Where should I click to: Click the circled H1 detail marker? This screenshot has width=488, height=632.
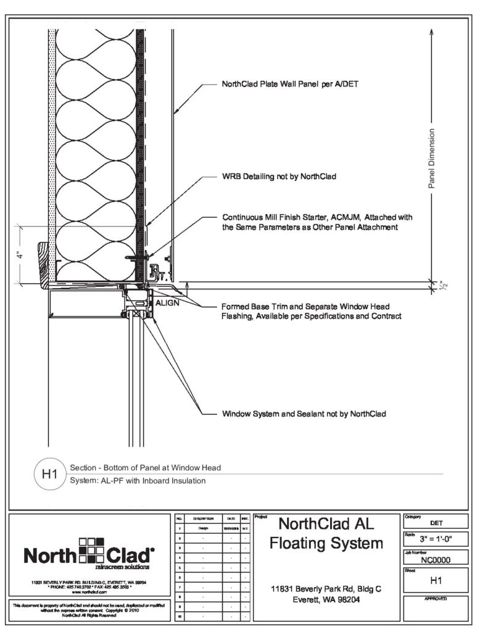(x=49, y=475)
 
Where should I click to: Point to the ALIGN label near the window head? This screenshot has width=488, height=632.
(x=167, y=304)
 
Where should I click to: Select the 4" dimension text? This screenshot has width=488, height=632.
(x=21, y=254)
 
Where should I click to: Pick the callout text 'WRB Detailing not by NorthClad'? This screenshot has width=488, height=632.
(x=279, y=177)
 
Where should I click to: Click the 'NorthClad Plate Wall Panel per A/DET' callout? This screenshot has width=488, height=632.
(x=289, y=85)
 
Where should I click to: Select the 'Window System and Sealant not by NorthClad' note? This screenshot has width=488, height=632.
(x=304, y=414)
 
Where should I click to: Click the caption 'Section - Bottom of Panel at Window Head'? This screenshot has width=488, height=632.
(x=146, y=468)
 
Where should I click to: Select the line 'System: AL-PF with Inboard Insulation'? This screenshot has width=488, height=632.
(x=138, y=481)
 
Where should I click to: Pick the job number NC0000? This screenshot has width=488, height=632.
(x=436, y=562)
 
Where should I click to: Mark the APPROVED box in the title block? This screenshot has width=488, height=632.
(x=436, y=608)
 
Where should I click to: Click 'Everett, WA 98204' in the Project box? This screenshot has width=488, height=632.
(x=327, y=599)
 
